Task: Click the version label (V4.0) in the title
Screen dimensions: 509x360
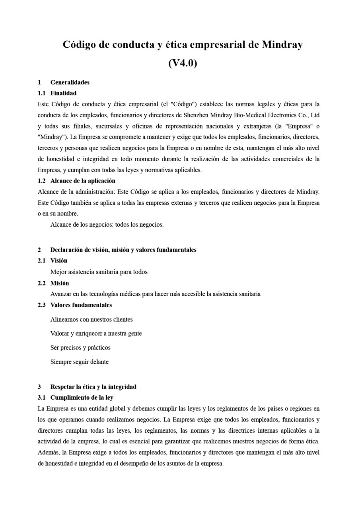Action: click(x=183, y=63)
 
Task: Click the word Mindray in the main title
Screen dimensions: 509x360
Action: click(x=282, y=45)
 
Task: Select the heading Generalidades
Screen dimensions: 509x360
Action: click(x=70, y=82)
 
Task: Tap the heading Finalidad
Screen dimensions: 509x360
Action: click(x=63, y=93)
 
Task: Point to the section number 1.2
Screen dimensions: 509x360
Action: click(x=42, y=181)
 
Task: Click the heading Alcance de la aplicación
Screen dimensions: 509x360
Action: click(x=83, y=181)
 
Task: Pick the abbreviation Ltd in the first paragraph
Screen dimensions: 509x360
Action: click(x=315, y=115)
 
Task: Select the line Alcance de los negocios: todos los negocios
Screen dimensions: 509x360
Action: click(x=107, y=225)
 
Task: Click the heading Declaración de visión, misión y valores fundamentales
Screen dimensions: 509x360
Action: click(x=123, y=250)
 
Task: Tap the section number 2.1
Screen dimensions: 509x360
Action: click(x=42, y=261)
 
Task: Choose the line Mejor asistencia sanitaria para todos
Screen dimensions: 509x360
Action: click(x=99, y=272)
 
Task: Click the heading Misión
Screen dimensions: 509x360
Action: click(x=60, y=283)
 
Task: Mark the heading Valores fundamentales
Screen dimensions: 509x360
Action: click(x=81, y=305)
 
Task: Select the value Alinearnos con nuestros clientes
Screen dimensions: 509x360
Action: click(x=91, y=319)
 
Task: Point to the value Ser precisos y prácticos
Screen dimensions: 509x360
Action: click(x=80, y=348)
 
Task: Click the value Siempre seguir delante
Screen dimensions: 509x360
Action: click(x=79, y=362)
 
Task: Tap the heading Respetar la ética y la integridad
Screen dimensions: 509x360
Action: click(x=93, y=387)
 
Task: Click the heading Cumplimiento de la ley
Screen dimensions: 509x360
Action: click(x=82, y=398)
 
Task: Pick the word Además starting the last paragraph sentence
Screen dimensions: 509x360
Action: click(x=47, y=453)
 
